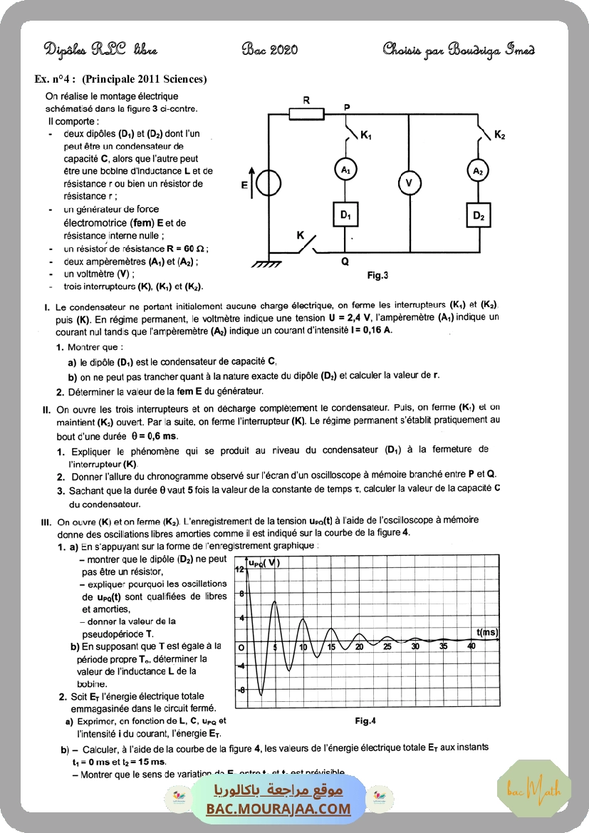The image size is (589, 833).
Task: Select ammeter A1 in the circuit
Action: pos(345,170)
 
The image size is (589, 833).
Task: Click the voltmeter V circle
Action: pos(408,183)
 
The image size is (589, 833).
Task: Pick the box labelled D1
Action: pos(345,214)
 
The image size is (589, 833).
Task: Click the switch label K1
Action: pos(366,135)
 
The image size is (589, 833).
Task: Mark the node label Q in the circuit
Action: pos(345,262)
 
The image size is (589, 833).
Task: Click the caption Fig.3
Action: pos(377,275)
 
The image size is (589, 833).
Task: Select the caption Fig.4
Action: pos(365,720)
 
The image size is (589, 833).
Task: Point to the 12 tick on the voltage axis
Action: pos(240,569)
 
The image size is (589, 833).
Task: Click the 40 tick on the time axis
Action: pos(471,646)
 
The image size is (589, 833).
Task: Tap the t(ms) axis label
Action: pos(486,632)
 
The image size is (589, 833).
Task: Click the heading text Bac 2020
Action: pos(270,49)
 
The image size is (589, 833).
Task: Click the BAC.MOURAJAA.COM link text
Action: pos(278,809)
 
